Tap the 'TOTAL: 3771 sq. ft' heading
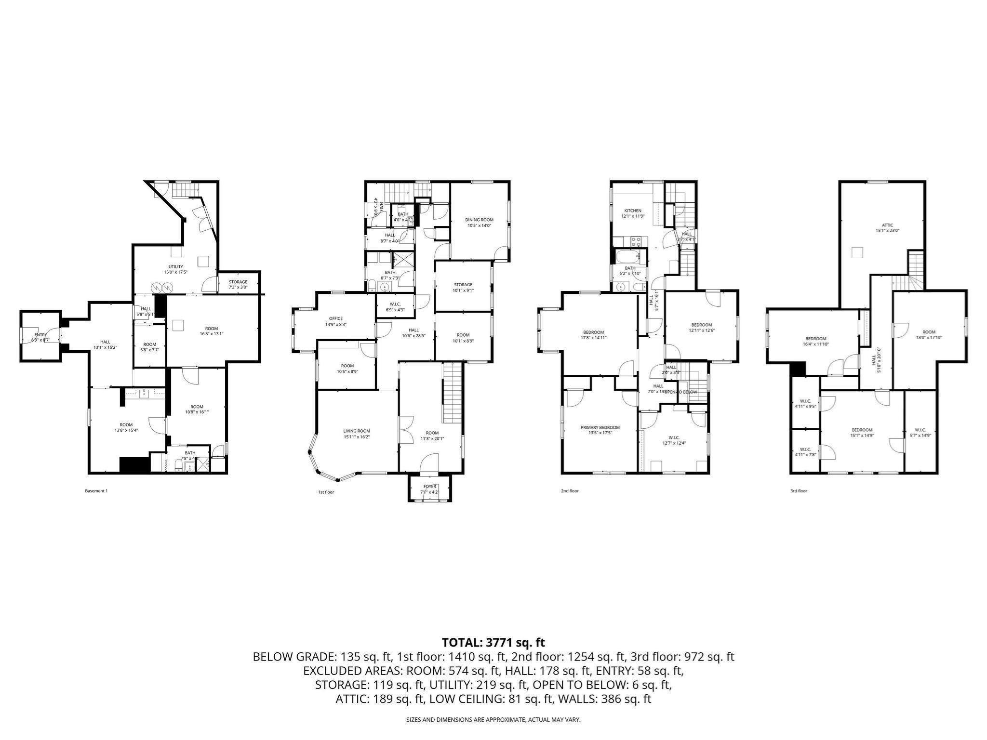(x=493, y=642)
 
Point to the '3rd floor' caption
(x=798, y=491)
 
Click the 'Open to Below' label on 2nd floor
(x=680, y=392)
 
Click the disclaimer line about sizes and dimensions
(x=493, y=720)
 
